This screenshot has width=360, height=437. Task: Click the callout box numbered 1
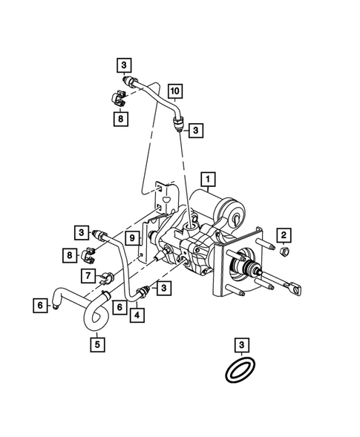coord(209,179)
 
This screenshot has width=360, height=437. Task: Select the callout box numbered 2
coord(283,236)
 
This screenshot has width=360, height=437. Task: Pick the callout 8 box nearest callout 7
coord(71,255)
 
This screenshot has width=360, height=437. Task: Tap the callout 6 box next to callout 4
coord(117,303)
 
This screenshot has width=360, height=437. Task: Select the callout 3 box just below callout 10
coord(196,131)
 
